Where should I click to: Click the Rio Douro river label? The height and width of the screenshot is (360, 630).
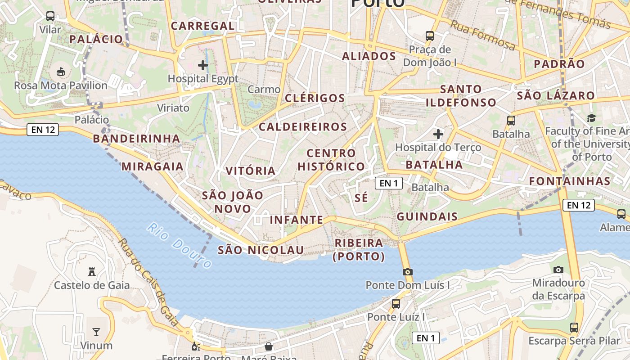(179, 246)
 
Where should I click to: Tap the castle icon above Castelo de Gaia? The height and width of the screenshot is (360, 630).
(92, 271)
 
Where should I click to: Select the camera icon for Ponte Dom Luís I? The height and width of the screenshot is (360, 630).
(408, 272)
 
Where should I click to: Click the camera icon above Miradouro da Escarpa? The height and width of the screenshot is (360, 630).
(558, 270)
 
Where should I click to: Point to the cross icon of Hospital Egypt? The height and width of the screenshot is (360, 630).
(203, 65)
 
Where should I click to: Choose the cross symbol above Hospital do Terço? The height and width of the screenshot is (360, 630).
(438, 134)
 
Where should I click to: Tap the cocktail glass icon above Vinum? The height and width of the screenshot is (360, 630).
(96, 332)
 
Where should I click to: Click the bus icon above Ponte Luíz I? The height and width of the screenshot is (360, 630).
(396, 303)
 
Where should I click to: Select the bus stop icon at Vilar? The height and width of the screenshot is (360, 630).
(50, 16)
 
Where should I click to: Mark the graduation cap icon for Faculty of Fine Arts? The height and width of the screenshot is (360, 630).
(591, 118)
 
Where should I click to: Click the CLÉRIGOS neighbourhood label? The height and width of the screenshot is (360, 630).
(315, 98)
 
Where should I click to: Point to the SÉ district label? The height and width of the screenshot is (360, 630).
(361, 198)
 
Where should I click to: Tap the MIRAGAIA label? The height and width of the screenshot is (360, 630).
(153, 166)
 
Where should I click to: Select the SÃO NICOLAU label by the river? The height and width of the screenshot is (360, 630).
(261, 250)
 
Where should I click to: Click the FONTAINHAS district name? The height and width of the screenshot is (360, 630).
(569, 181)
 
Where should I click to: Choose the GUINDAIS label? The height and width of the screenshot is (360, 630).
(427, 217)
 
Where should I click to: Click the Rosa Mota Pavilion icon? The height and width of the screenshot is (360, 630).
(60, 71)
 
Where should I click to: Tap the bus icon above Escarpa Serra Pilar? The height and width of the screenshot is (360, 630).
(574, 327)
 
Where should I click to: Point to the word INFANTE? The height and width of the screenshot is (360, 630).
(296, 220)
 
